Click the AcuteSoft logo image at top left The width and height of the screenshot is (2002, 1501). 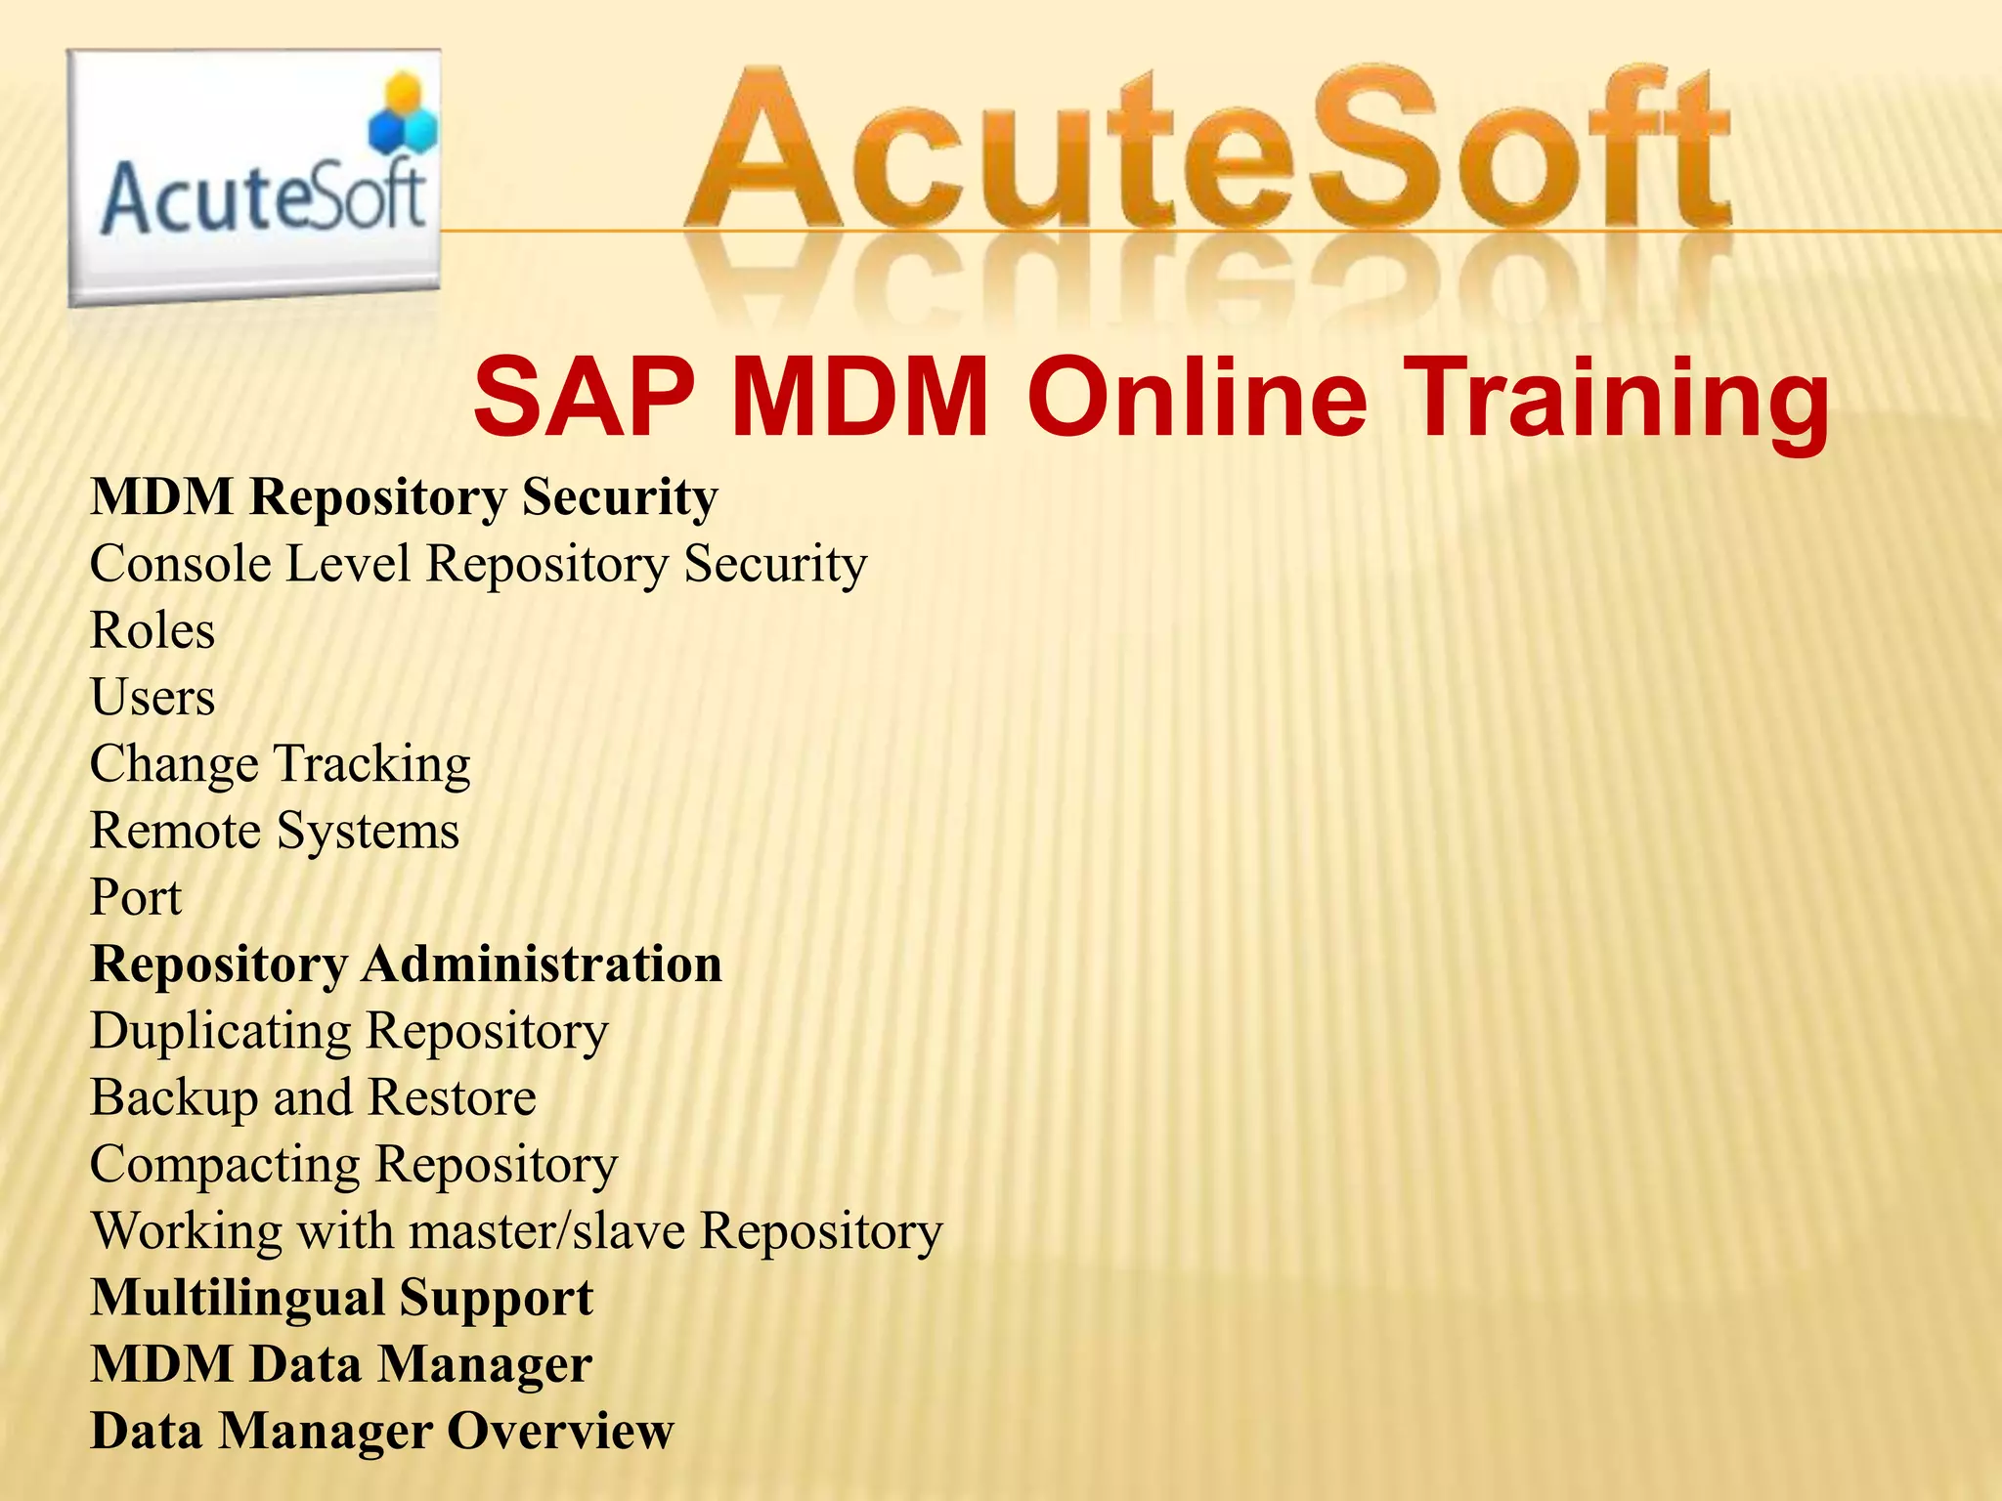pos(254,178)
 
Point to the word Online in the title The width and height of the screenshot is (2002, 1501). pos(1197,399)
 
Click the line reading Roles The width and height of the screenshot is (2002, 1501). pos(152,630)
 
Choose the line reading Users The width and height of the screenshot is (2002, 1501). pos(152,698)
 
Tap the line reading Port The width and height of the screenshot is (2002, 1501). pos(136,897)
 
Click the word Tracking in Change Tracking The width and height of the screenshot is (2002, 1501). pos(371,764)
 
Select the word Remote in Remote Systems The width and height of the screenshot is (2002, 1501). pos(175,831)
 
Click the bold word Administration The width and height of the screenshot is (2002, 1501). pos(543,965)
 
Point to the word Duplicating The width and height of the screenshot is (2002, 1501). pos(220,1032)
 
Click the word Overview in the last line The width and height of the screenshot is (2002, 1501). pos(561,1432)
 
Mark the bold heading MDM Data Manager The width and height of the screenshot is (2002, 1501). pos(341,1364)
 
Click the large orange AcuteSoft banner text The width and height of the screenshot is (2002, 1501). pos(1207,151)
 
